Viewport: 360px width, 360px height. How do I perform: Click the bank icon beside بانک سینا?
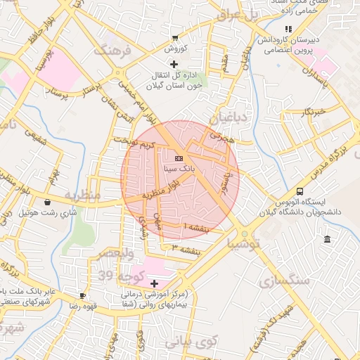coord(179,157)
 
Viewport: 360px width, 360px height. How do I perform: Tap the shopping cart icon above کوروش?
coord(174,38)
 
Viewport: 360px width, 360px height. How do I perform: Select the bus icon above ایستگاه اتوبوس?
coord(300,191)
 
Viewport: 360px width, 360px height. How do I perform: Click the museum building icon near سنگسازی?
coord(328,240)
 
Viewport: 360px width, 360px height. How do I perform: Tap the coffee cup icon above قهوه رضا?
coord(82,295)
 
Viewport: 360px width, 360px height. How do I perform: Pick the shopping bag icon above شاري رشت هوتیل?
coord(47,202)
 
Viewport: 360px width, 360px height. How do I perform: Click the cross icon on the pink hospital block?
coord(154,283)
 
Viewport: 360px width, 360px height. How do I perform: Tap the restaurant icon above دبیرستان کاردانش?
coord(288,29)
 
